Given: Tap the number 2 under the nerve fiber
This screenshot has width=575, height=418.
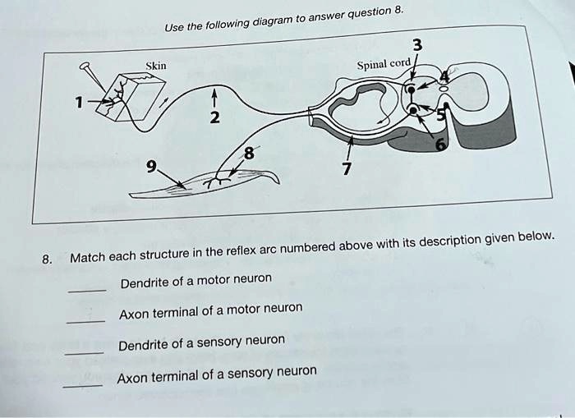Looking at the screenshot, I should (x=214, y=118).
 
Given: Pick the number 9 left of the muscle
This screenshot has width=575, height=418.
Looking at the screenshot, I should (x=150, y=165).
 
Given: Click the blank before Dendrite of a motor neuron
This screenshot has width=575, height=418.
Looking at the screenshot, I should (x=86, y=289).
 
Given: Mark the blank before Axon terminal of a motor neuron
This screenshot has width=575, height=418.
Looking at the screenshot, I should (x=85, y=320).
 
